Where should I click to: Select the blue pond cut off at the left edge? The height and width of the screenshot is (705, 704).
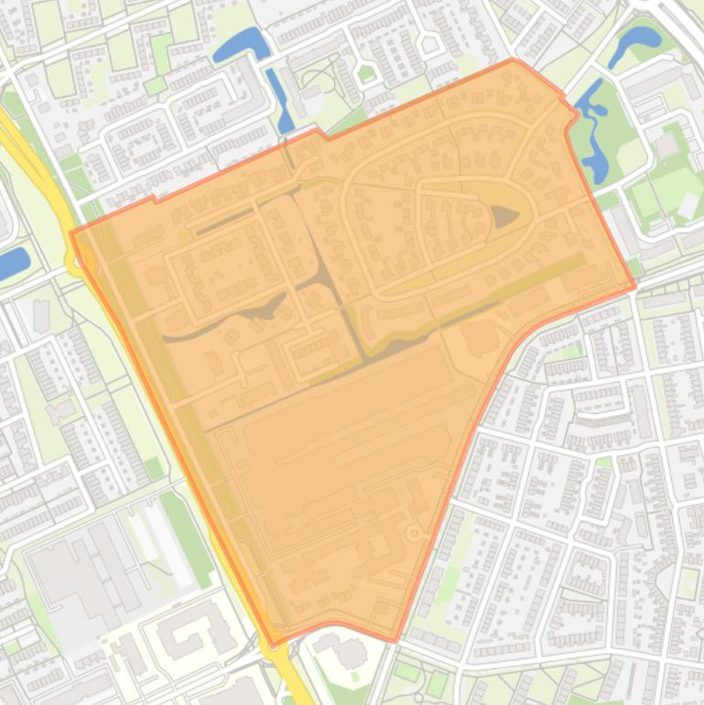tap(13, 263)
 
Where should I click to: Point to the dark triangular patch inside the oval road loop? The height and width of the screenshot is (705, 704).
tap(504, 217)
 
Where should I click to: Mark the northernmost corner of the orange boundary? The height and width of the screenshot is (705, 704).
tap(513, 60)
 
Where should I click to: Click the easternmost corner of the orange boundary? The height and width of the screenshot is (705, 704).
tap(634, 287)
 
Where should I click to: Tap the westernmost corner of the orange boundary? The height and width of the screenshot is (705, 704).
tap(71, 233)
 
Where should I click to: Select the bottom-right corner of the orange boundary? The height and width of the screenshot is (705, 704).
tap(396, 640)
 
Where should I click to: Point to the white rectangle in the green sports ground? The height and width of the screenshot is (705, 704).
tap(688, 206)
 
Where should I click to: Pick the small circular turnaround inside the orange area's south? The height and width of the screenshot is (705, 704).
tap(414, 533)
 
